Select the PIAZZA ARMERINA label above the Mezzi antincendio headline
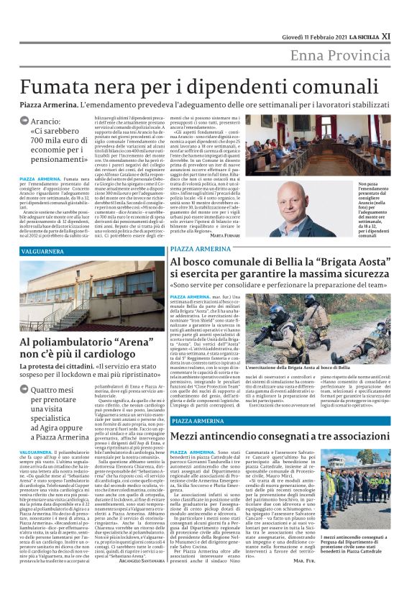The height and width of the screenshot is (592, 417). [193, 420]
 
